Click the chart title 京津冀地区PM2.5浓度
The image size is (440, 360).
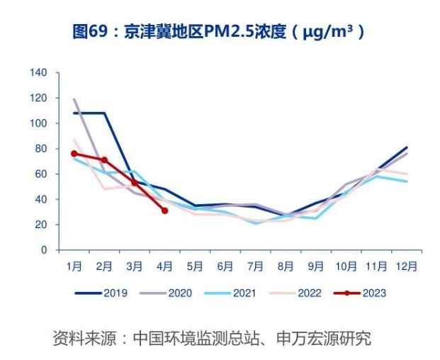coord(219,31)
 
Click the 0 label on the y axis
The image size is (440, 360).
coord(44,250)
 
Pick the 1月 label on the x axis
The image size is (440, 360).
coord(74,266)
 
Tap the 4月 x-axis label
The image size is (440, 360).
coord(164,266)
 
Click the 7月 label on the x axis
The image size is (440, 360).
coord(255,266)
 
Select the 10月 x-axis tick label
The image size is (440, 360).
coord(346,266)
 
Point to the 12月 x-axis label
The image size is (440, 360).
coord(407,266)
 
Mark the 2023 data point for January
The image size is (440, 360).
coord(74,154)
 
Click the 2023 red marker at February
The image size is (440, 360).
coord(104,160)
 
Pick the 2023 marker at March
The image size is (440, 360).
coord(135,183)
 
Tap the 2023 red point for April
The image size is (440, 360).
coord(165,210)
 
